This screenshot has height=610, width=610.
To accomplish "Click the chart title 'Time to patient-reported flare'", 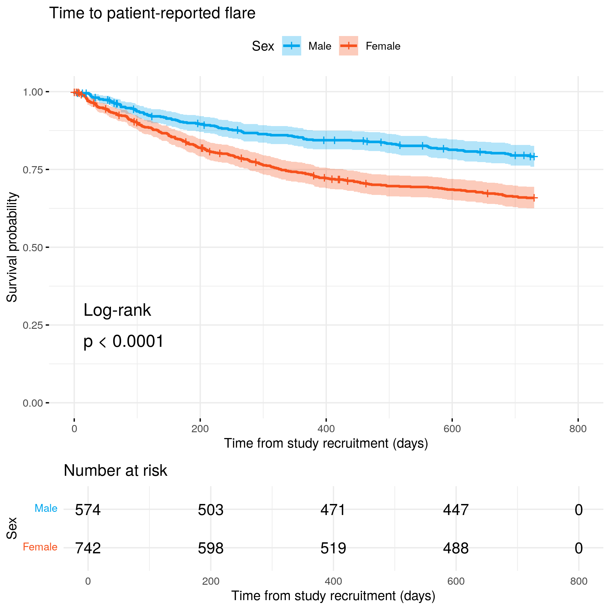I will point(152,13).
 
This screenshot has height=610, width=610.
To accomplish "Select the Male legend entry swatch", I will point(291,46).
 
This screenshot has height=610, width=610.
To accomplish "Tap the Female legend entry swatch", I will point(348,46).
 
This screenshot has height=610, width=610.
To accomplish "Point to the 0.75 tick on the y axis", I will point(33,170).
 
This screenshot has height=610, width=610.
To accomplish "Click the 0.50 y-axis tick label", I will point(33,247).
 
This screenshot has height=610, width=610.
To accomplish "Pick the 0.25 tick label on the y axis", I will point(33,325).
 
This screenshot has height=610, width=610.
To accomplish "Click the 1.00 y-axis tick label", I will point(33,92).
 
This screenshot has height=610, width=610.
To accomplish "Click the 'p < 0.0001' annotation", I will point(123,341).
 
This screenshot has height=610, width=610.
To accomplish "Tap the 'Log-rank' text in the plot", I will point(117,310).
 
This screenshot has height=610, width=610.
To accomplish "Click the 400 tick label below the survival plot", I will point(326,429).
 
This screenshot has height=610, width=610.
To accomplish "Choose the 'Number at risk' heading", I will point(115,471).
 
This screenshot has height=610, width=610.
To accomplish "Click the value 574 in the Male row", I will point(88,510).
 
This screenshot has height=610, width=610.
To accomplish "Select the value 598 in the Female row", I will point(211,548).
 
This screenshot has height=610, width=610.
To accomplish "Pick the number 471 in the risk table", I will point(333,510).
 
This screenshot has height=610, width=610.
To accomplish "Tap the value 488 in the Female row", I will point(455,548).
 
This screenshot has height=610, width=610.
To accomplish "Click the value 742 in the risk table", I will point(88,548).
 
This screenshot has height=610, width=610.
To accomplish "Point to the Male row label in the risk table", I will point(46,508).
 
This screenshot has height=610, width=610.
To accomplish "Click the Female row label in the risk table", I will point(40,547).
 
